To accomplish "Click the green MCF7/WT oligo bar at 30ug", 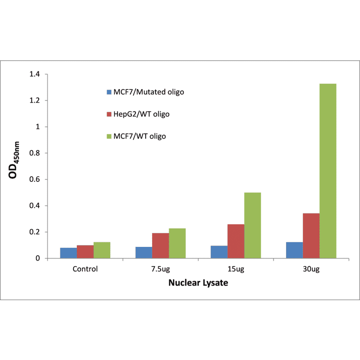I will (327, 171).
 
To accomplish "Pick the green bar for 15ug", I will (253, 225).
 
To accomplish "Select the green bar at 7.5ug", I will (177, 243).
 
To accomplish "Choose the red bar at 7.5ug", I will (160, 245).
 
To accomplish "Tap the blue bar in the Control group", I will (68, 253).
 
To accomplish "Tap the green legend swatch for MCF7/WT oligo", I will (109, 136).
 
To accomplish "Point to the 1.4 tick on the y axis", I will (35, 74).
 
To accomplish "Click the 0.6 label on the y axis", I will (35, 180).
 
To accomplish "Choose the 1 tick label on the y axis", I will (39, 127).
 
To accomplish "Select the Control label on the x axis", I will (85, 269).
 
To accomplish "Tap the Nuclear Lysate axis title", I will (198, 284).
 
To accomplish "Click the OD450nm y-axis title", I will (16, 166).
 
